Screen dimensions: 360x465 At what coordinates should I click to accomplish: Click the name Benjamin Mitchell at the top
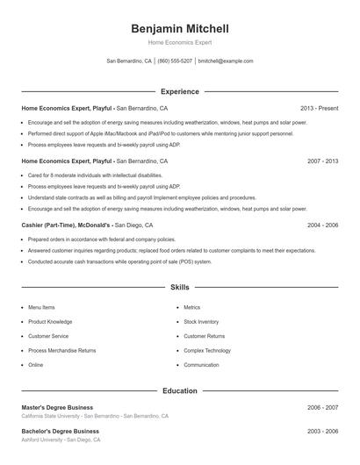click(179, 28)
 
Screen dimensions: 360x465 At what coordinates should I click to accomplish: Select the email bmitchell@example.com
click(226, 61)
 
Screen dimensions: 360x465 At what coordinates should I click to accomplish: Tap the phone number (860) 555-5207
click(175, 61)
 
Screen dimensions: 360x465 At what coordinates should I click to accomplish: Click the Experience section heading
click(179, 91)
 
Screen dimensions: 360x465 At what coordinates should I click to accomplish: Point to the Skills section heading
click(179, 287)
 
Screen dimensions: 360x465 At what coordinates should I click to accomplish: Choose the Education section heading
click(179, 390)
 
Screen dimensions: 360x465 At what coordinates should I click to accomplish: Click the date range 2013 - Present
click(319, 108)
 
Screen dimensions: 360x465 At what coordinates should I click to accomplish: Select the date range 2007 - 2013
click(322, 161)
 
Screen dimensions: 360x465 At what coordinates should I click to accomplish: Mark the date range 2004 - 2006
click(322, 225)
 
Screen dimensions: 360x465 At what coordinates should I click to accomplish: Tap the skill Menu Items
click(41, 308)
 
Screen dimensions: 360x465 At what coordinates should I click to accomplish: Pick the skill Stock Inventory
click(201, 322)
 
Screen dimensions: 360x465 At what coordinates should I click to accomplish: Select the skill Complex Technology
click(207, 350)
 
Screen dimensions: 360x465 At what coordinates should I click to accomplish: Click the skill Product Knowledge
click(50, 322)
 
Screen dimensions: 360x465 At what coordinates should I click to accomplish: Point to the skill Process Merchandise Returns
click(61, 350)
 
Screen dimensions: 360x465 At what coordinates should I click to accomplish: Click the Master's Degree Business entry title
click(57, 407)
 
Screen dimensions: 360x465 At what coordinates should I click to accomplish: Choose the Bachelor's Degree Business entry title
click(60, 432)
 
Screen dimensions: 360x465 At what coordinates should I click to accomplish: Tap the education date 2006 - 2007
click(322, 407)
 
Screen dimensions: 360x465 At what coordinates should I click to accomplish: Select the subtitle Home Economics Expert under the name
click(179, 42)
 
